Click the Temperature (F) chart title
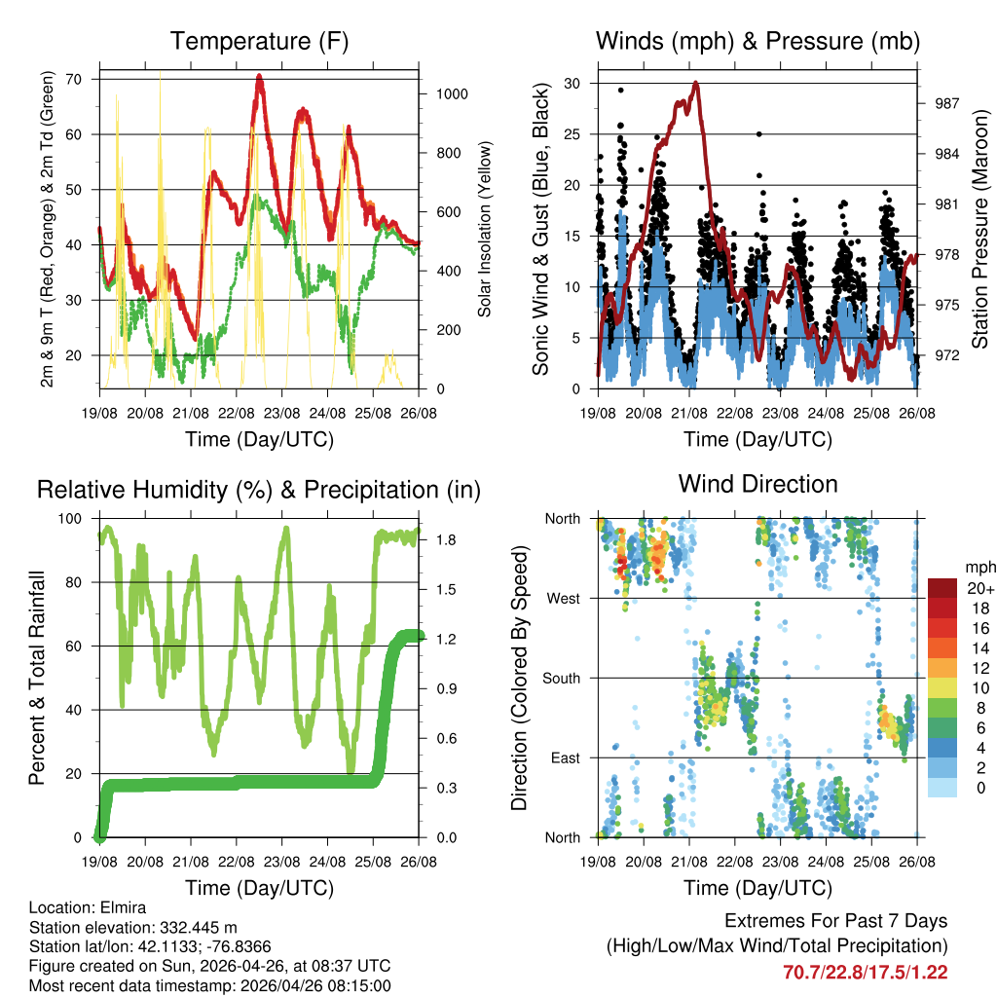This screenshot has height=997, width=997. tap(259, 41)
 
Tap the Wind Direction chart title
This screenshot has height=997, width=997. tap(757, 483)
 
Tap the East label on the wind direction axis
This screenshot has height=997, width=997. tap(565, 757)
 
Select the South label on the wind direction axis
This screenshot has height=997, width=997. tap(561, 678)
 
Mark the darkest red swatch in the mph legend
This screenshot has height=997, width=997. tap(942, 587)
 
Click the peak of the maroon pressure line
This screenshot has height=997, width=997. tap(695, 84)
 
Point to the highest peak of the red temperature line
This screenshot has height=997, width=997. tap(259, 76)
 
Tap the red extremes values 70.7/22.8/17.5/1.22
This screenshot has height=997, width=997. tap(865, 972)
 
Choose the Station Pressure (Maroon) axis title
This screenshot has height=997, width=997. tap(980, 229)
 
